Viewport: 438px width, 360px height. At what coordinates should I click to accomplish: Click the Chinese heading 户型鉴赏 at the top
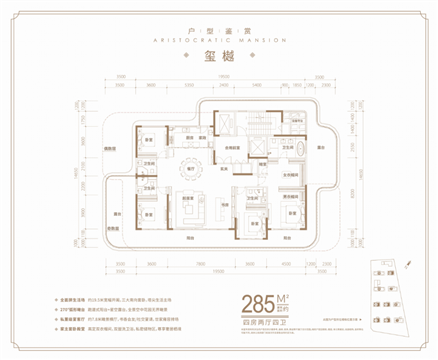(218, 19)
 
